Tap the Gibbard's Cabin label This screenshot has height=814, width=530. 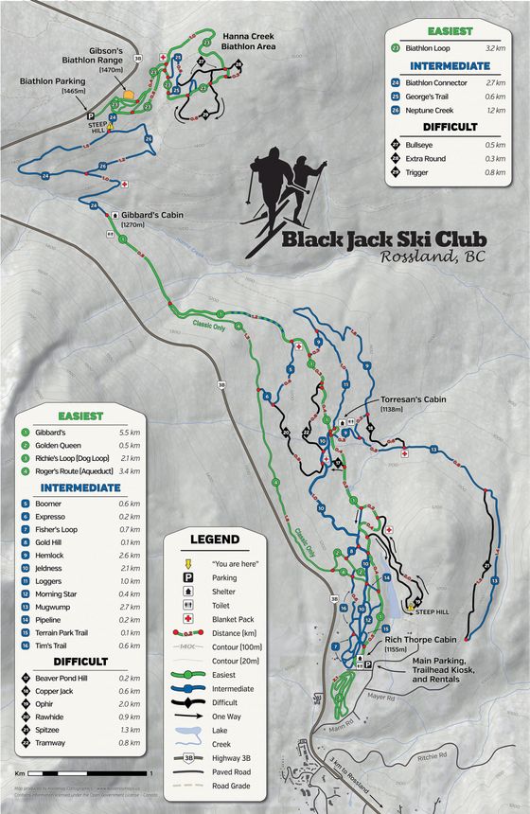(x=156, y=214)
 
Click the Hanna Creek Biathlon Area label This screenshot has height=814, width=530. (x=248, y=39)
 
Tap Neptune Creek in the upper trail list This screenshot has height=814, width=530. (x=432, y=110)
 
